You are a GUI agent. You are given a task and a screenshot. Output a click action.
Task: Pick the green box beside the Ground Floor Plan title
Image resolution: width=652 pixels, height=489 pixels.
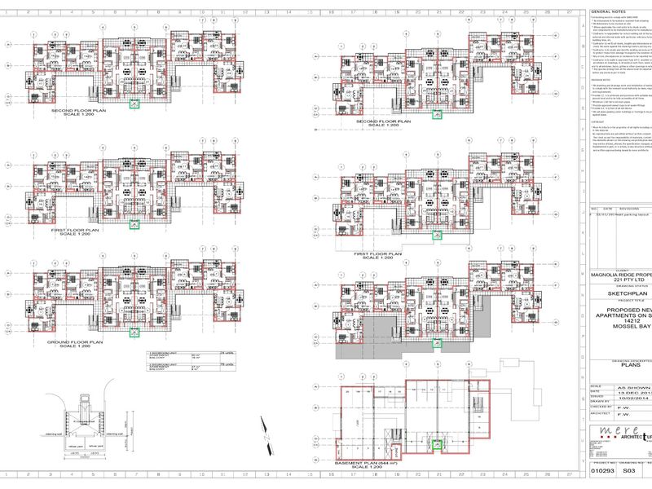tap(134, 332)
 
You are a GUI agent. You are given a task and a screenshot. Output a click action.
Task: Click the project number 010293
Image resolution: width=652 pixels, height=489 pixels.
tap(602, 470)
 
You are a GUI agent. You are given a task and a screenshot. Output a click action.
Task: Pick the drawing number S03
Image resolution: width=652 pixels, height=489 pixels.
tap(628, 470)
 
